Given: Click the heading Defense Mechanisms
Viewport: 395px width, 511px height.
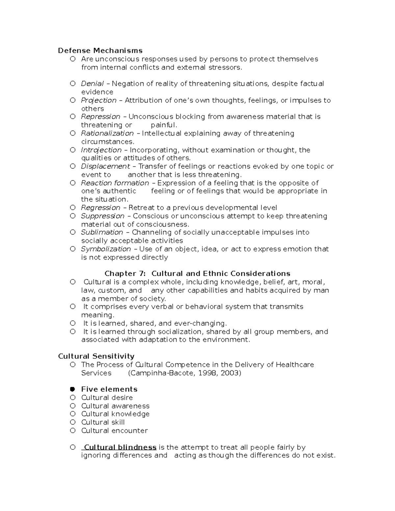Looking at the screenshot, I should [100, 51].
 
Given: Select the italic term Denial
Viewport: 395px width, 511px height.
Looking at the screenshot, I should [92, 84].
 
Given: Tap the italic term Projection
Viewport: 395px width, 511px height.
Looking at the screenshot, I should [99, 100].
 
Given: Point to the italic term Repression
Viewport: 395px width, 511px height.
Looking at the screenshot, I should [100, 117].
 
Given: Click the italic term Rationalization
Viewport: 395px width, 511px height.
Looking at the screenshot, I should [107, 133].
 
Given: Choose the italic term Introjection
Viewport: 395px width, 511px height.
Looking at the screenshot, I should [101, 150].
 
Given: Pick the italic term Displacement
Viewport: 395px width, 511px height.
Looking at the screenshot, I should [105, 166].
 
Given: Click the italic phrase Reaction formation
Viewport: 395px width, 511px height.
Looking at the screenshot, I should [115, 183].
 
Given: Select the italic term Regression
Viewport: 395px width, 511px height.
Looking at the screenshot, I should [100, 208].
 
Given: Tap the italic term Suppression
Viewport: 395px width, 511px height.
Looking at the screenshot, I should [103, 216].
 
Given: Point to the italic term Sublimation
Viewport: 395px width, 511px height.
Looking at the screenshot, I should [102, 232].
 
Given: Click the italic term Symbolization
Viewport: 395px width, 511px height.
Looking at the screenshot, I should [106, 249].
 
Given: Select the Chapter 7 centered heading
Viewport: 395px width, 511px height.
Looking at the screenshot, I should [197, 274].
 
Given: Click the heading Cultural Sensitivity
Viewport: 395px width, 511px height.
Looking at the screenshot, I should [96, 356].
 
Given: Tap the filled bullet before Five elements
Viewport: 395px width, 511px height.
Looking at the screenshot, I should [73, 389].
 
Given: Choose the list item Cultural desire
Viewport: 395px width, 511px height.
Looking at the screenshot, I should [107, 398].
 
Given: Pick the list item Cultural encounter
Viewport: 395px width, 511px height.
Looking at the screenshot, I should [114, 431].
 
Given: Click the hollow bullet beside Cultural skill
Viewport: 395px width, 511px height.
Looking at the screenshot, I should [73, 422].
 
